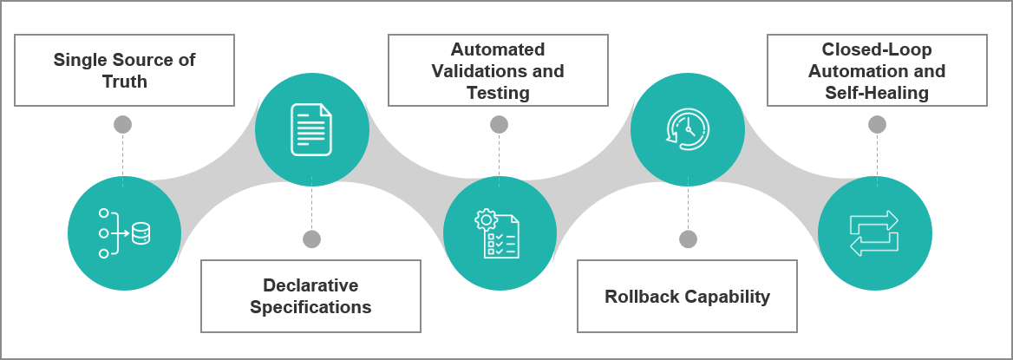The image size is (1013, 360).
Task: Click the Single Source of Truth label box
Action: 125,70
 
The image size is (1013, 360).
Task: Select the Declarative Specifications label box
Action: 310,296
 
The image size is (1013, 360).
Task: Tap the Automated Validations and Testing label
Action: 498,70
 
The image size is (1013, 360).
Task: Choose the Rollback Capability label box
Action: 687,296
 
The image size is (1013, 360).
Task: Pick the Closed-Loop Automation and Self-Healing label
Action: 877,70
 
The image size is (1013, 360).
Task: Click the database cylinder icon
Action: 140,233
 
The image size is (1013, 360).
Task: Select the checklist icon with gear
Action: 499,234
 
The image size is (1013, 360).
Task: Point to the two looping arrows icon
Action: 874,233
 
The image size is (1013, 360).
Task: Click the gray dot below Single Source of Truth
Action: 123,125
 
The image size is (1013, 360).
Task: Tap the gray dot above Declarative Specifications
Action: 312,239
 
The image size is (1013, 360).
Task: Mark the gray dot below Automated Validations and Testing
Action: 499,125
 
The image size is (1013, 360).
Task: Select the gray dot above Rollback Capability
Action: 688,239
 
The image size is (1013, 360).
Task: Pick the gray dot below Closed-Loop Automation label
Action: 877,125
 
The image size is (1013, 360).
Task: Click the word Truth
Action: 125,82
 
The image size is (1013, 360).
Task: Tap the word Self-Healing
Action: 877,92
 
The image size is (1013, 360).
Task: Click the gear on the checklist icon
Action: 484,219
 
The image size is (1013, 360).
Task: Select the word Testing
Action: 498,92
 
